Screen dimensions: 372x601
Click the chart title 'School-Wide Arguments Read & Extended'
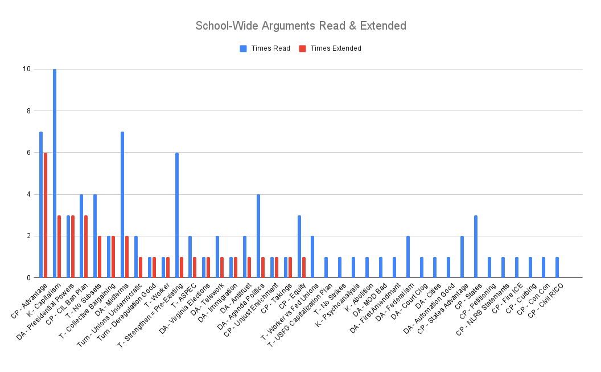click(300, 26)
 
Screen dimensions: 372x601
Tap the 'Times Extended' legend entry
click(331, 48)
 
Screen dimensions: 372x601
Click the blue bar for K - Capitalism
click(55, 173)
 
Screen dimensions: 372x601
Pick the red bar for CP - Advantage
click(46, 215)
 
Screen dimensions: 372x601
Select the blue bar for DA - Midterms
click(122, 205)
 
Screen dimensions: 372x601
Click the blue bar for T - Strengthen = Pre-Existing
click(177, 215)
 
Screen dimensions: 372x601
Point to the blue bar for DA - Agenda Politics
click(258, 236)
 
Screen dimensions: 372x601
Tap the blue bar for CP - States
click(476, 247)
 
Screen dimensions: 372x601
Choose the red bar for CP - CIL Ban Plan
click(87, 247)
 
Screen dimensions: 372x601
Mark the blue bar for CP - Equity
click(299, 247)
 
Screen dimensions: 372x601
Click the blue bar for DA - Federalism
click(408, 257)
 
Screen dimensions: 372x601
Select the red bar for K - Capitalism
click(59, 247)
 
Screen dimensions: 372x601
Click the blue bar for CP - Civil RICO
click(557, 268)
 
